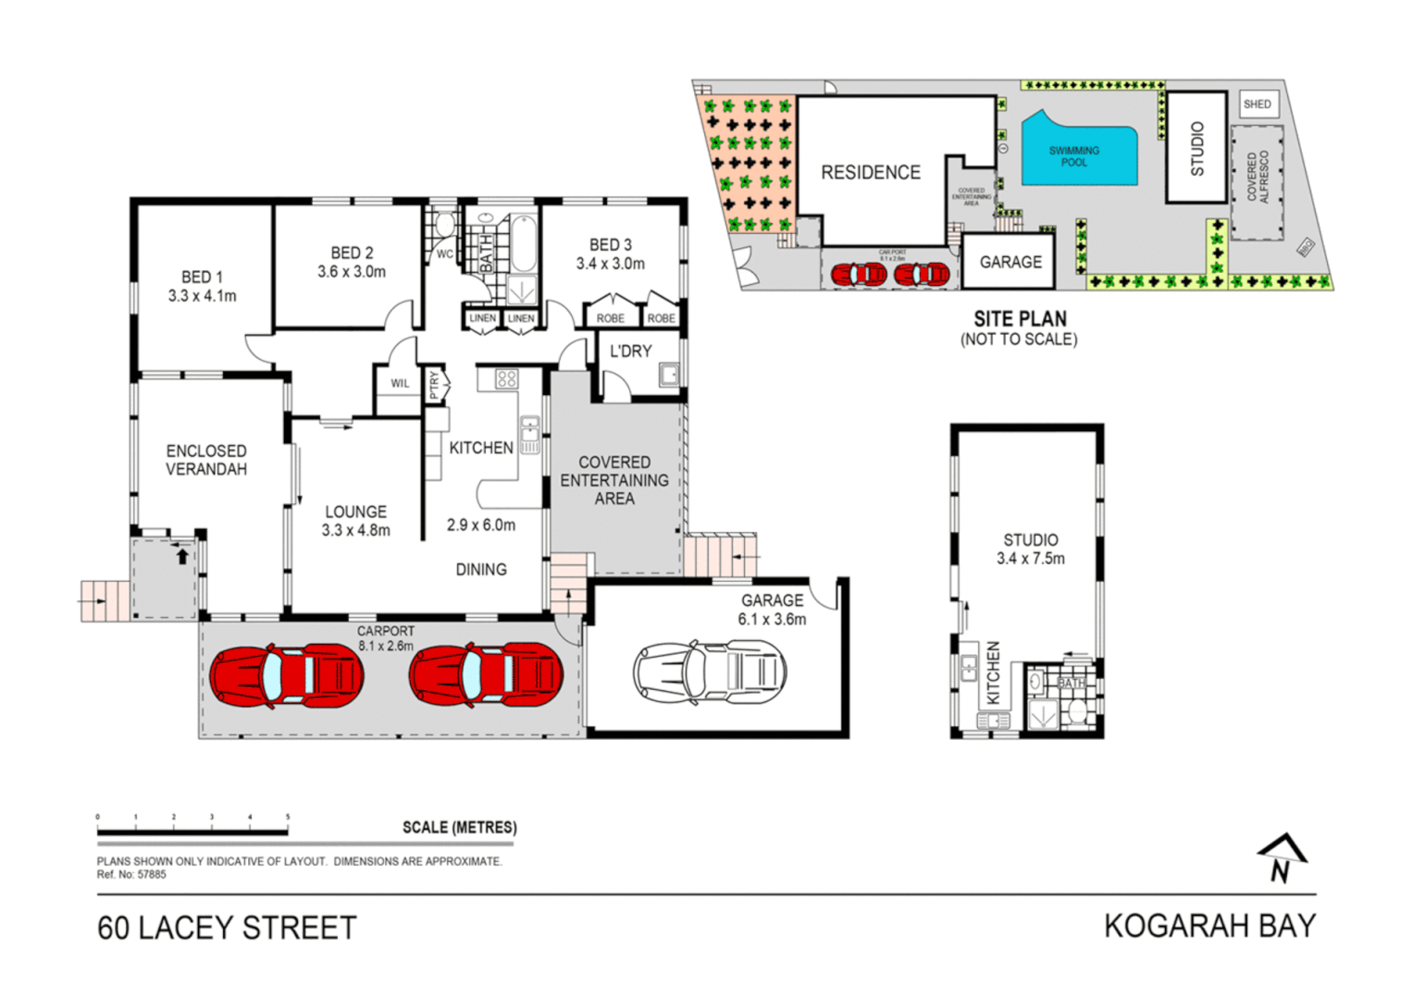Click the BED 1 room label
point(202,277)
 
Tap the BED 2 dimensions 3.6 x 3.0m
point(352,272)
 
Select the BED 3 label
point(611,245)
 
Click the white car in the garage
point(710,672)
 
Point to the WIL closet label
point(400,384)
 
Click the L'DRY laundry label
point(630,351)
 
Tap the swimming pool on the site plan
point(1076,155)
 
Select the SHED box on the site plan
point(1258,105)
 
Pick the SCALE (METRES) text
point(459,828)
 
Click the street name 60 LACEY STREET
point(227,928)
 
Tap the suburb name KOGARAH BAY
point(1209,926)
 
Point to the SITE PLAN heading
point(1020,318)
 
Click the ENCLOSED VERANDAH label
point(206,460)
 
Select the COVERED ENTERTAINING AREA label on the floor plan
point(614,480)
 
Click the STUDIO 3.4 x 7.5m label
point(1030,549)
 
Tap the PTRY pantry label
point(434,385)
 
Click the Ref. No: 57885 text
point(131,875)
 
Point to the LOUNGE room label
point(356,512)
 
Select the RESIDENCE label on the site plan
point(871,173)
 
